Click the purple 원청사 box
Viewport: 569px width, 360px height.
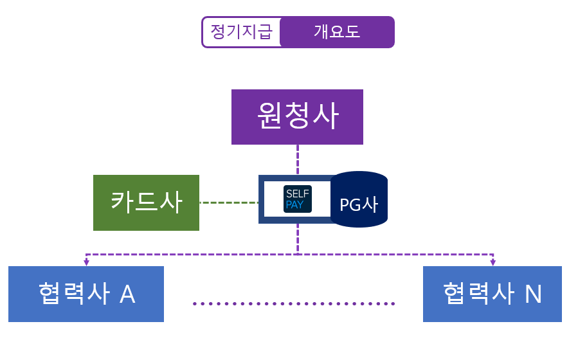[297, 117]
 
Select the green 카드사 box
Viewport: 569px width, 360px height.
[146, 203]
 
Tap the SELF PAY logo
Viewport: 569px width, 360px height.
[298, 199]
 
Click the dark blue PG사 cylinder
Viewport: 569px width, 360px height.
[359, 199]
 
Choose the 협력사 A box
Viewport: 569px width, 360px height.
[86, 294]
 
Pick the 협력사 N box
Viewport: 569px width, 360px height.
[492, 294]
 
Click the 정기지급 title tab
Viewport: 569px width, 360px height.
[242, 32]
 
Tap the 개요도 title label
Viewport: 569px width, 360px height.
[337, 32]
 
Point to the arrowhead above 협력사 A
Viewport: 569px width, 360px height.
[86, 262]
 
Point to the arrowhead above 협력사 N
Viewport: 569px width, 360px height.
[492, 262]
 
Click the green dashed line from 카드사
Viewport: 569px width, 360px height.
[229, 203]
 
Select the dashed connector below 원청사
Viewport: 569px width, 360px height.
[298, 159]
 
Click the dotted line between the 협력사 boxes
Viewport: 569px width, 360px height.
[294, 303]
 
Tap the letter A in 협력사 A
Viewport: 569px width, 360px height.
[127, 294]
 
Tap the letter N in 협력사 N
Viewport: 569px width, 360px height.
[534, 294]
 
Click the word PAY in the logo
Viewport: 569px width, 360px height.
[294, 205]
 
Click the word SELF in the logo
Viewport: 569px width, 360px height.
[298, 194]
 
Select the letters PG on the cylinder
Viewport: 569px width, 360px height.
[351, 204]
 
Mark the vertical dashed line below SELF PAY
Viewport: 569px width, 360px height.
[298, 239]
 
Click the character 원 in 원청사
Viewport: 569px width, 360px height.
[270, 115]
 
